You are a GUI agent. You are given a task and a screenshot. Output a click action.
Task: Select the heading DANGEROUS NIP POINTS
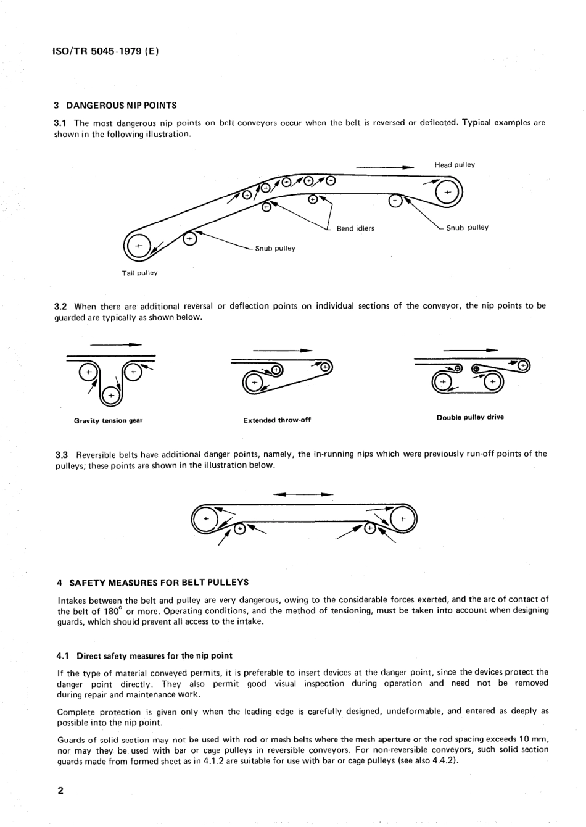[x=121, y=105]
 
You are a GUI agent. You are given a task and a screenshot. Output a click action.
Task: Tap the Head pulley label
[x=455, y=165]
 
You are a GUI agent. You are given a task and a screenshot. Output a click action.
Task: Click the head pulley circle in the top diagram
[x=447, y=193]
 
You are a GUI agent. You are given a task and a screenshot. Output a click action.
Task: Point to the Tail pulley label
[x=139, y=273]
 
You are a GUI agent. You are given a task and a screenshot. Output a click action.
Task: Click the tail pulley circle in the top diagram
[x=139, y=246]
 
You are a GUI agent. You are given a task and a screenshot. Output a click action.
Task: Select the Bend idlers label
[x=355, y=228]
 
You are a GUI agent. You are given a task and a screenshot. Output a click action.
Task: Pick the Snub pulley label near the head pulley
[x=467, y=228]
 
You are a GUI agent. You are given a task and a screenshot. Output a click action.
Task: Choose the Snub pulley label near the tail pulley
[x=275, y=249]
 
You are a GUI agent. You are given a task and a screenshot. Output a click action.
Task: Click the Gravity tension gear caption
[x=108, y=420]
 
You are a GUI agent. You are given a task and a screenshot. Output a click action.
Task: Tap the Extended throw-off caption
[x=277, y=420]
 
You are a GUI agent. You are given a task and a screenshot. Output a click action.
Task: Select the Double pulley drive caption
[x=470, y=417]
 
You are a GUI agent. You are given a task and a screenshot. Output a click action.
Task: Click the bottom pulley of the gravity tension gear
[x=110, y=396]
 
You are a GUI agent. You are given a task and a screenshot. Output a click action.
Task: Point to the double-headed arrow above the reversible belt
[x=303, y=494]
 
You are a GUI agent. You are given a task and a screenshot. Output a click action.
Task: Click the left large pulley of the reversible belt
[x=206, y=520]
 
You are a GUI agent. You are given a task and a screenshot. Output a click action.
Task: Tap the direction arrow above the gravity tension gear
[x=115, y=344]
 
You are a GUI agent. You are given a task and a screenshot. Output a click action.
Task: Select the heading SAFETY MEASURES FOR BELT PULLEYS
[x=159, y=582]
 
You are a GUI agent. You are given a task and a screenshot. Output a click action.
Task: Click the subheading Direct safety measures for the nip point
[x=154, y=655]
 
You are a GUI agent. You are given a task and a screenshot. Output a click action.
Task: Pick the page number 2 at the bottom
[x=60, y=791]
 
